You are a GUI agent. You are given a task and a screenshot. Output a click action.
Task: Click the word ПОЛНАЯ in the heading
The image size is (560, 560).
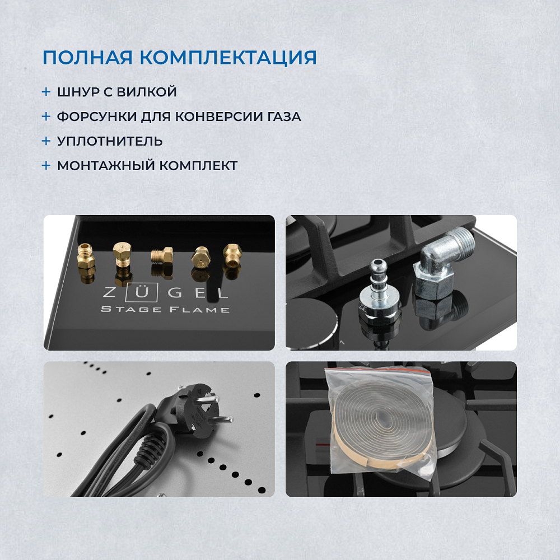(87, 58)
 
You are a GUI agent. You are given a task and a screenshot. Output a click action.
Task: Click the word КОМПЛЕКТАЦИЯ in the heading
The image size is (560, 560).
(228, 58)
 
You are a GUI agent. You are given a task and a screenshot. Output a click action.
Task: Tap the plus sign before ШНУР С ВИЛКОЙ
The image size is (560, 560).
(46, 92)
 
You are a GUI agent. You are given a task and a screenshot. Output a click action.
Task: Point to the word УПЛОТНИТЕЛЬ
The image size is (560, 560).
(110, 141)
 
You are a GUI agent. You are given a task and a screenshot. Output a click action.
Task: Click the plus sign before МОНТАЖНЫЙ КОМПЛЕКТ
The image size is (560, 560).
(46, 165)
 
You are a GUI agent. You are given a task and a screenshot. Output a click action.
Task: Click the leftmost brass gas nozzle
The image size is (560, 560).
(86, 259)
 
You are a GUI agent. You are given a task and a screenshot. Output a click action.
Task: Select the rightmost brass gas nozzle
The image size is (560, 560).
(232, 256)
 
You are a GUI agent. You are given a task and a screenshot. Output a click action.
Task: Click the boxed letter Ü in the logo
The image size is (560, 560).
(142, 293)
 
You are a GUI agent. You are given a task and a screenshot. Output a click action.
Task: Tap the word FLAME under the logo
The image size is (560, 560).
(199, 309)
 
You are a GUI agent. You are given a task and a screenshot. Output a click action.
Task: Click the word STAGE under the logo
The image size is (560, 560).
(131, 309)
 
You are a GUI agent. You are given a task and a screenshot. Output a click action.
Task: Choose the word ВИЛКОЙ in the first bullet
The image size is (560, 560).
(147, 91)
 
